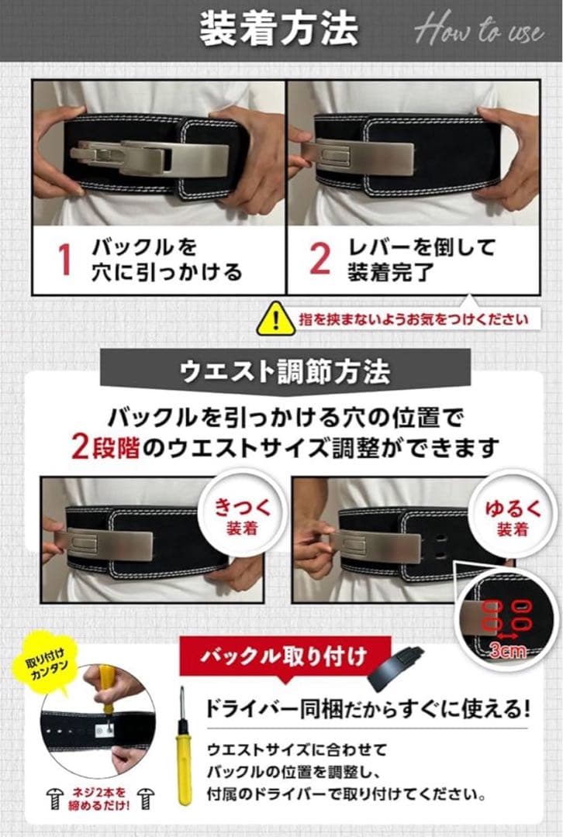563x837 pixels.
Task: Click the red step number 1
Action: (65, 260)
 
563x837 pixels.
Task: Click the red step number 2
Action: (319, 259)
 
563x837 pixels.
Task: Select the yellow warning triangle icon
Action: (275, 318)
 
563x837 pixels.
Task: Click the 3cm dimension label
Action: (509, 650)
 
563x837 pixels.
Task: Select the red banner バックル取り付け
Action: (284, 658)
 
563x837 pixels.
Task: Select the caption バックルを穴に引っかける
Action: (168, 260)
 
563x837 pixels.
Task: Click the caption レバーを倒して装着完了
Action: (423, 259)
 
